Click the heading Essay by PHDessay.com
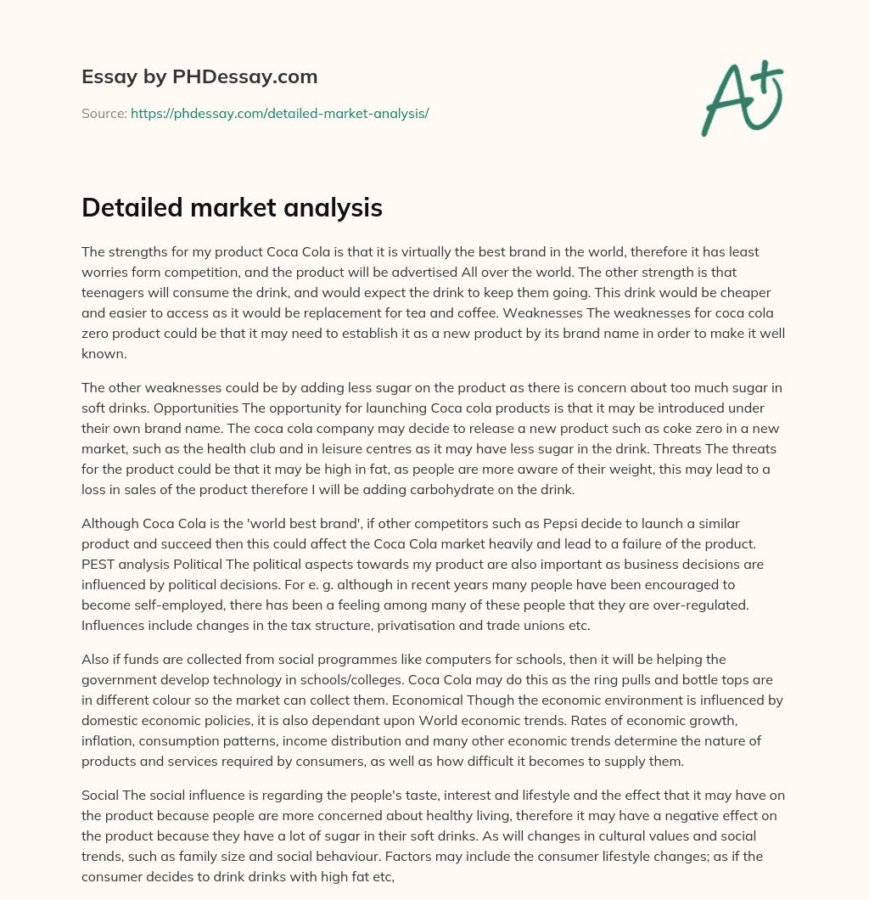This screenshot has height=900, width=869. click(x=199, y=77)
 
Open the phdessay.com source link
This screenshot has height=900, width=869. click(x=279, y=113)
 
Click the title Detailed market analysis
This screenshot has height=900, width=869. click(x=232, y=208)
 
